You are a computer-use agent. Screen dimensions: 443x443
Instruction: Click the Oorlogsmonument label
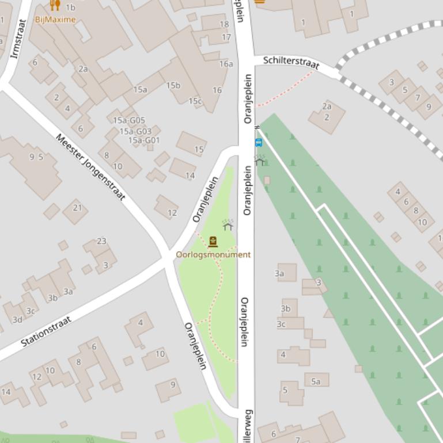(x=213, y=254)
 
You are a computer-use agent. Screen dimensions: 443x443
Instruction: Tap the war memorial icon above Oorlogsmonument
(x=213, y=242)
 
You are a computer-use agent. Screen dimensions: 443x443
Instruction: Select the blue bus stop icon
(x=259, y=143)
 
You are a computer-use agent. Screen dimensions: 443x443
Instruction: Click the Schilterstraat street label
(x=291, y=62)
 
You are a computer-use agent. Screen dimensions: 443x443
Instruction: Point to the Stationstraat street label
(x=46, y=331)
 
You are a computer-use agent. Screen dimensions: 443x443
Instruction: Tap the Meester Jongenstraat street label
(x=90, y=167)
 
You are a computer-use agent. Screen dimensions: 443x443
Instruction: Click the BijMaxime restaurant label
(x=55, y=20)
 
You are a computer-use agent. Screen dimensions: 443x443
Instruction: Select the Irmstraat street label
(x=19, y=39)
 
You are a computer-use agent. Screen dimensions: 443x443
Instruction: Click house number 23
(x=101, y=241)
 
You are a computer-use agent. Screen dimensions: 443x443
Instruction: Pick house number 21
(x=77, y=208)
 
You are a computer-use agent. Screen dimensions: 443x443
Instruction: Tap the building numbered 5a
(x=316, y=381)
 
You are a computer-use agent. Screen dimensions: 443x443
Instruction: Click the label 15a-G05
(x=128, y=120)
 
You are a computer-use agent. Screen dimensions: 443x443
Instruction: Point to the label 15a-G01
(x=144, y=140)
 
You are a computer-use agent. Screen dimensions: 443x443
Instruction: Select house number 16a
(x=226, y=64)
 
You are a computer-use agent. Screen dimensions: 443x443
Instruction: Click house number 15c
(x=195, y=101)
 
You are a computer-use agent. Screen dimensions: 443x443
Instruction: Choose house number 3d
(x=17, y=320)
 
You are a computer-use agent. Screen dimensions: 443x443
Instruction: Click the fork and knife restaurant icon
(x=55, y=5)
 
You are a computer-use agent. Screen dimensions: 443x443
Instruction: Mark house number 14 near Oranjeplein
(x=190, y=175)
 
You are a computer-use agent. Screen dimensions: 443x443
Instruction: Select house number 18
(x=224, y=24)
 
